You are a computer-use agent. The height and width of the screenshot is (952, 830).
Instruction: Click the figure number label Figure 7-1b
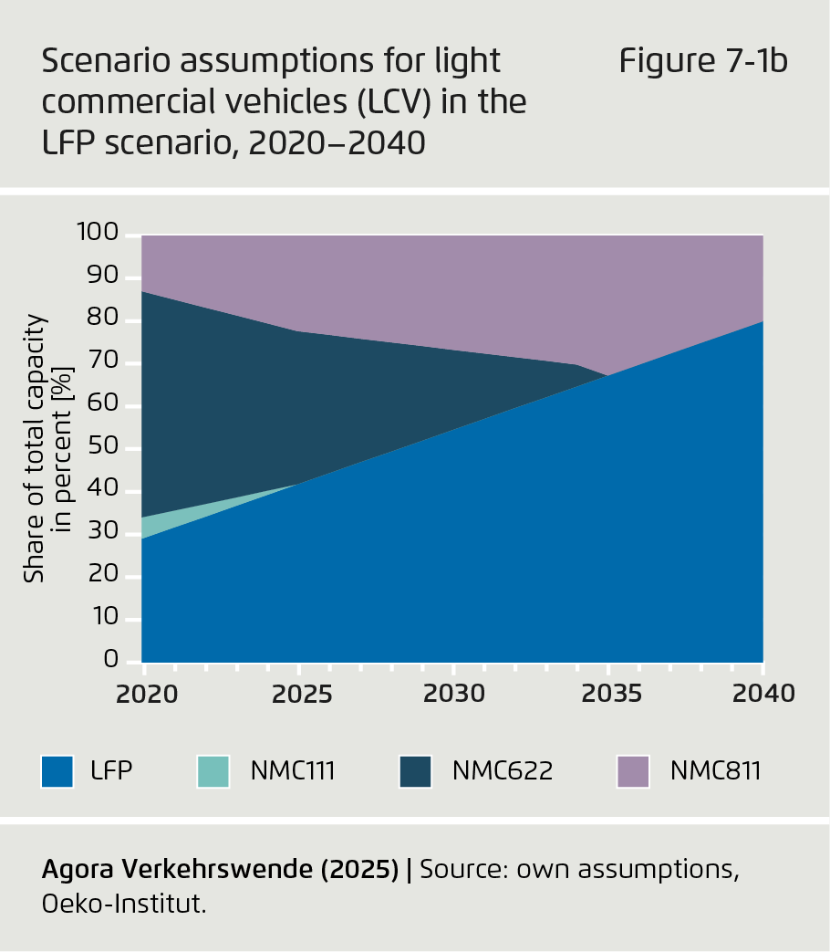(703, 62)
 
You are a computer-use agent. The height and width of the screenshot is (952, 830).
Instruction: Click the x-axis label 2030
(453, 694)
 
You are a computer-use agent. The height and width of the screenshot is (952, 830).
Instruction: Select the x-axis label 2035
(609, 694)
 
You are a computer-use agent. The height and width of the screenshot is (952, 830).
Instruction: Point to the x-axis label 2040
(763, 694)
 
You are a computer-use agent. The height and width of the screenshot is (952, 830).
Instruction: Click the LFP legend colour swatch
(57, 771)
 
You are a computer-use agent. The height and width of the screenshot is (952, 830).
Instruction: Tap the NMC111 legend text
(294, 771)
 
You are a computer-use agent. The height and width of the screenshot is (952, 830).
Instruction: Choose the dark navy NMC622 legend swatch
(415, 771)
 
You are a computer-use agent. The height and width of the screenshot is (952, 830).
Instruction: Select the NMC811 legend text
(715, 771)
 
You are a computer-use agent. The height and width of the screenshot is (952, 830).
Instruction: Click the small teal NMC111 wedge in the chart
(160, 524)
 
